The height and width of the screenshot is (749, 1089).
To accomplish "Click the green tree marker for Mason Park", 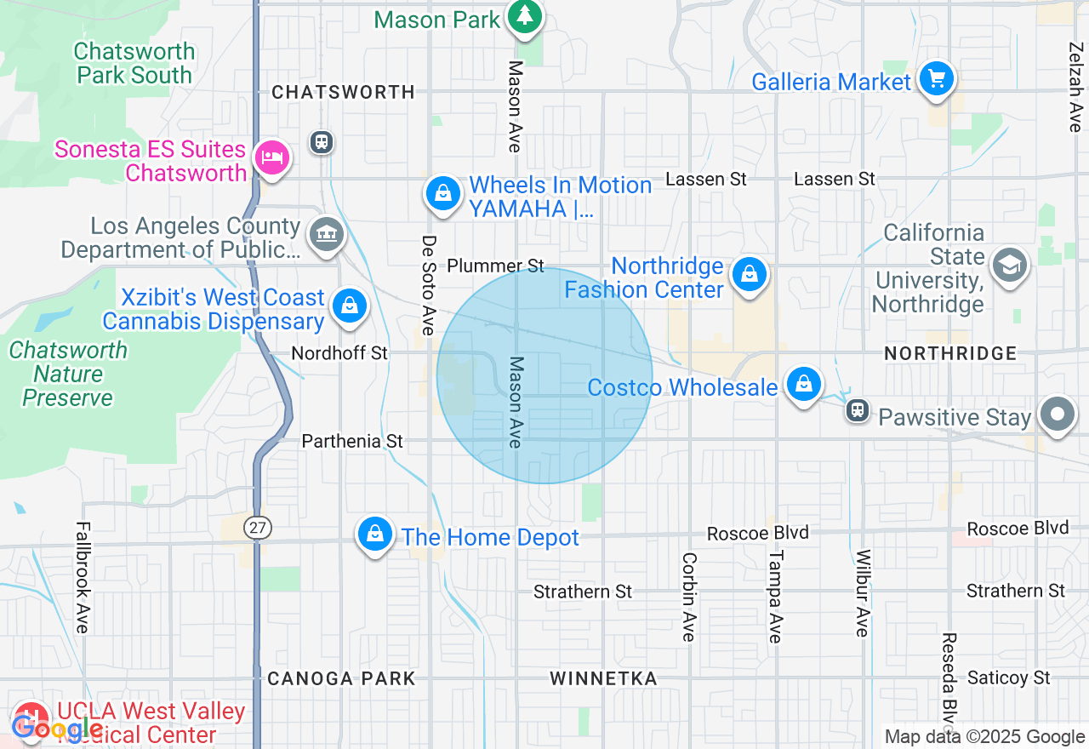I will [526, 16].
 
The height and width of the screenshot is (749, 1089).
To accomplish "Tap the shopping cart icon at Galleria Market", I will [937, 81].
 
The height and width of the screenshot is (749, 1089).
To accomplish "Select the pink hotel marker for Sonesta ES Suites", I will [271, 158].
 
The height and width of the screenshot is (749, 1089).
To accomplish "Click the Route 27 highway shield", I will [256, 528].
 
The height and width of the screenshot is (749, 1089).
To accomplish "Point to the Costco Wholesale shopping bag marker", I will [803, 385].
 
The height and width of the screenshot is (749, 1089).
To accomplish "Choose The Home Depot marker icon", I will [374, 535].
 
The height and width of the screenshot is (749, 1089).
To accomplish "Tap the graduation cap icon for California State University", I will [1009, 266].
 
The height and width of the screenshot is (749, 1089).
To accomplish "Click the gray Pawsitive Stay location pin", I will [1058, 415].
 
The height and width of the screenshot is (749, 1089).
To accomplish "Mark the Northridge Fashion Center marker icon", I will [749, 275].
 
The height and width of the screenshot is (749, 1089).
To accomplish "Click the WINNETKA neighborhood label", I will [603, 678].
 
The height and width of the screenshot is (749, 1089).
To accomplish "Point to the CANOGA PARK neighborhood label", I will [341, 678].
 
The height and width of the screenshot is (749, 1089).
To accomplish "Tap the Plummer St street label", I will [495, 266].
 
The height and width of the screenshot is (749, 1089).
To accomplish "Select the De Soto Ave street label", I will [428, 285].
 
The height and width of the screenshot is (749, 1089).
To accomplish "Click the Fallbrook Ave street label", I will [82, 577].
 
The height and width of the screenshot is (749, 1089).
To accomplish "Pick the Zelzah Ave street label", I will [1075, 87].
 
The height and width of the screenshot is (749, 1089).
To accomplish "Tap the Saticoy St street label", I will [1008, 678].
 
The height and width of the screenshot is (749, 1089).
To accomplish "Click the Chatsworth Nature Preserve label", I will [68, 374].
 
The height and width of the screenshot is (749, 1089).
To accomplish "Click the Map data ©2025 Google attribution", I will [984, 737].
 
